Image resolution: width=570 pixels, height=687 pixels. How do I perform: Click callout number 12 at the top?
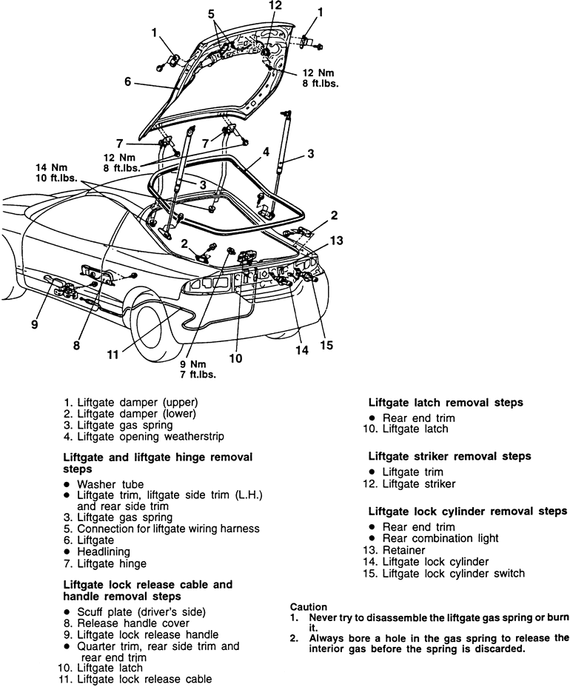click(275, 6)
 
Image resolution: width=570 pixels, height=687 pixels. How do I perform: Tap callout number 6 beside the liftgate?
click(128, 83)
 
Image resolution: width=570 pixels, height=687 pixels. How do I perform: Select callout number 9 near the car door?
click(34, 324)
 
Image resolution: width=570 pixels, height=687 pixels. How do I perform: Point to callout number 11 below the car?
click(113, 354)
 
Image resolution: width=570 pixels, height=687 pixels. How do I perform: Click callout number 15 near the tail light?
click(325, 346)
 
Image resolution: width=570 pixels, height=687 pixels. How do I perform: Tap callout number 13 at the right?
click(337, 240)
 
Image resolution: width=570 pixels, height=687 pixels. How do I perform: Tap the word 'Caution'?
click(309, 606)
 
